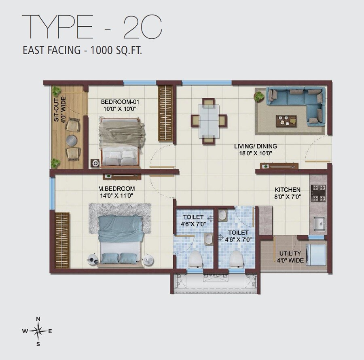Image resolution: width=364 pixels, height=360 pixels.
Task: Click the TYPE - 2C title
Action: [92, 27]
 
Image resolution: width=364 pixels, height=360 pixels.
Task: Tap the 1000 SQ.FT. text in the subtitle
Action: [117, 51]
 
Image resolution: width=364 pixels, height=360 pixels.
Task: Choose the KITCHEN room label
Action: [288, 189]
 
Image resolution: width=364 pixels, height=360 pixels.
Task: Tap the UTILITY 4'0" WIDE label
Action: [290, 257]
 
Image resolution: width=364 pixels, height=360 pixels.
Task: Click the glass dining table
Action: [209, 121]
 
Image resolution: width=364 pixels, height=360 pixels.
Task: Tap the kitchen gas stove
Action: [317, 193]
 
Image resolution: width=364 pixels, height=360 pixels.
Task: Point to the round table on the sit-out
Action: [72, 140]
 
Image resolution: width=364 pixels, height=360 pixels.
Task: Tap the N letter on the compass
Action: [38, 318]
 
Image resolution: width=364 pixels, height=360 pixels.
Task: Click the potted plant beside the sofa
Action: [258, 96]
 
